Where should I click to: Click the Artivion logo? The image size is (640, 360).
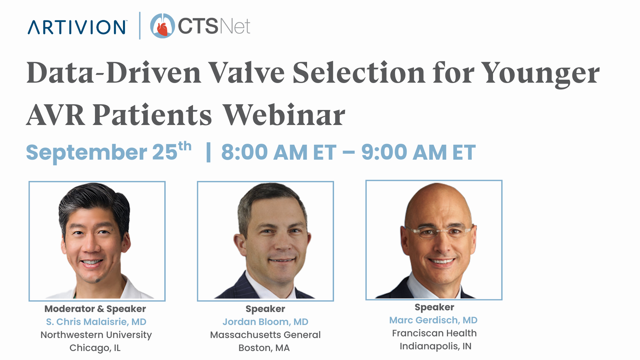(77, 27)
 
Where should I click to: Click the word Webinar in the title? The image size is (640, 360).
(284, 115)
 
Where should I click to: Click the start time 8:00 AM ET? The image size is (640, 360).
(279, 152)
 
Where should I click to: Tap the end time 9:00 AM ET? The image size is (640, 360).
(419, 152)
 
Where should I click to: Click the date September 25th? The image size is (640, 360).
(109, 151)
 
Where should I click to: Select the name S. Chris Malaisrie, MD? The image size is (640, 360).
(96, 322)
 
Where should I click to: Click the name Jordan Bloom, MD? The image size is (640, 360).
(265, 322)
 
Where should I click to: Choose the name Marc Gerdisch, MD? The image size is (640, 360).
(433, 320)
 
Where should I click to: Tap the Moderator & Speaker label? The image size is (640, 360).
(95, 309)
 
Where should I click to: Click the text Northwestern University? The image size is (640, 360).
(96, 335)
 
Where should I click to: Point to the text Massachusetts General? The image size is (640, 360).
(265, 335)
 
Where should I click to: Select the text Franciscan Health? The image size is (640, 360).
(434, 333)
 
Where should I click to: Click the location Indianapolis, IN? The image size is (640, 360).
(435, 346)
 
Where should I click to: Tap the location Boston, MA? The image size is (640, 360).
(264, 348)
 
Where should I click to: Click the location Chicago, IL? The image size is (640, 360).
(95, 348)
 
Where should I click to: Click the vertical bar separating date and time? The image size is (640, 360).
(209, 152)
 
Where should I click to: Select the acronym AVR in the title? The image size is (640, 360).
(55, 115)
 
